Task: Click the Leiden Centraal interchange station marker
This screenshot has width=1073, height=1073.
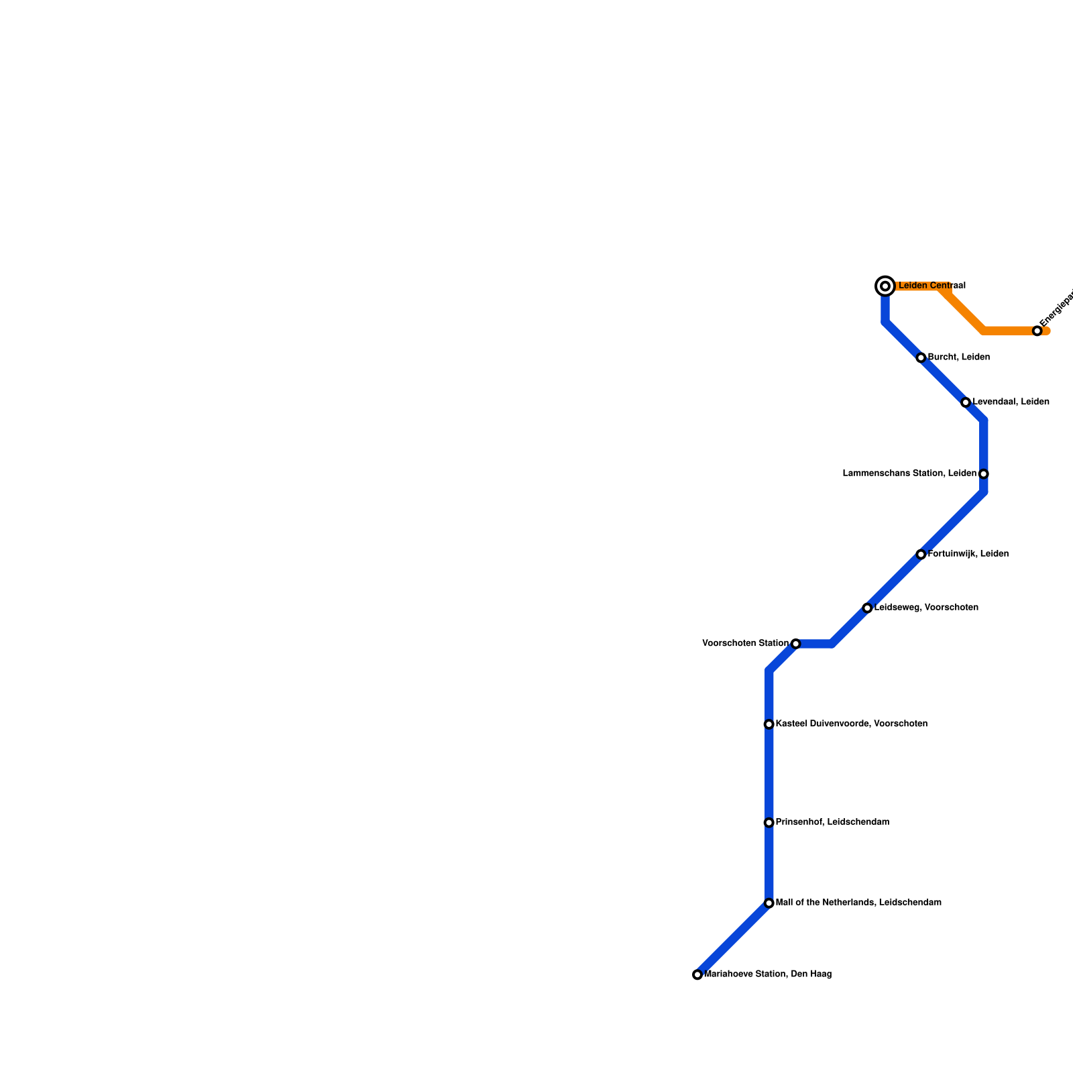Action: [x=885, y=286]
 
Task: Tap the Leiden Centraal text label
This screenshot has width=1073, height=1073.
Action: [x=931, y=286]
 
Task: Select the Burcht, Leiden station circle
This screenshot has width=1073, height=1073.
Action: [x=921, y=357]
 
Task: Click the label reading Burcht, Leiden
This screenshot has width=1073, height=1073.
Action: [x=958, y=357]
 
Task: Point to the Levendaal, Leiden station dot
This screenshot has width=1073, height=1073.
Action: [x=966, y=402]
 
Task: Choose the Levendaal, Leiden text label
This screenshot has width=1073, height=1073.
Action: [x=1011, y=402]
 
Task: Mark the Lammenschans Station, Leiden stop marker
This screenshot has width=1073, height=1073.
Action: [x=983, y=474]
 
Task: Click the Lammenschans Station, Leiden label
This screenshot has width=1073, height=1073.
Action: [x=909, y=473]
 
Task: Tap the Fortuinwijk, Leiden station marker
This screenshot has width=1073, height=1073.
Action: [x=921, y=555]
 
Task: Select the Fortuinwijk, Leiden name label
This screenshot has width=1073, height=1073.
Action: [x=968, y=554]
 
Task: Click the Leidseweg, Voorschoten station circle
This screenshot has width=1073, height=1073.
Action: [x=867, y=608]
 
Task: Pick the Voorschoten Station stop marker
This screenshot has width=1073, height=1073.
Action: [x=795, y=644]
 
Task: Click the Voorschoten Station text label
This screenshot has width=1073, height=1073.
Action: [x=745, y=644]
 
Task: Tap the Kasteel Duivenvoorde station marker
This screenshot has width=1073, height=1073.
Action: [x=769, y=724]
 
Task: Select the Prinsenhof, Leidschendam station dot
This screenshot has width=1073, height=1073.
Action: [x=769, y=823]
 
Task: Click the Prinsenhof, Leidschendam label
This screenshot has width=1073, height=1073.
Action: [x=832, y=822]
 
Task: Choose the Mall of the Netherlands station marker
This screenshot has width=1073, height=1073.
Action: [x=769, y=903]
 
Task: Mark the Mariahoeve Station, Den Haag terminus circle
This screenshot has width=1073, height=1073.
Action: [x=697, y=974]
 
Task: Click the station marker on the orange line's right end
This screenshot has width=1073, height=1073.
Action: [x=1037, y=331]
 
